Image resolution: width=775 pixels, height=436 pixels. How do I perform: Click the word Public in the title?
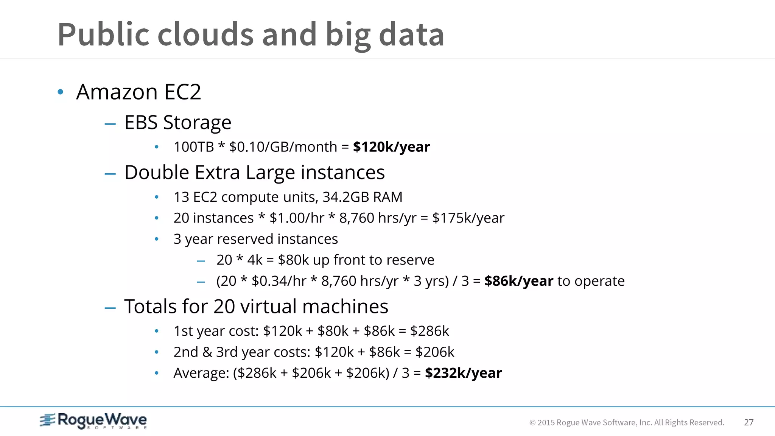104,35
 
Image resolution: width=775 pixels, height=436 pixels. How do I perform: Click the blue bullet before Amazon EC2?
60,92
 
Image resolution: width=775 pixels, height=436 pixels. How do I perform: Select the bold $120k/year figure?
391,147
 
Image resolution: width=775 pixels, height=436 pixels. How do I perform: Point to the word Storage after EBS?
197,123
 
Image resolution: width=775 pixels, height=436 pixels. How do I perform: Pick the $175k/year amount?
468,218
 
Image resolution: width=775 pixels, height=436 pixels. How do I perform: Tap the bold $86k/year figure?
518,281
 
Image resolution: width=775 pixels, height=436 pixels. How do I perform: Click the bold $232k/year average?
463,373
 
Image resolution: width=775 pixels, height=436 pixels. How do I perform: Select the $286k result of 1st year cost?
430,331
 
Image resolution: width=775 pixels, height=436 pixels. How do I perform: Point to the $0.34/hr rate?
279,281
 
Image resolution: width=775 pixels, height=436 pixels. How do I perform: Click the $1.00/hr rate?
297,218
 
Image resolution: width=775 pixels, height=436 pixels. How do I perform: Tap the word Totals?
150,306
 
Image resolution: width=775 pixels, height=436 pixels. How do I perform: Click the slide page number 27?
749,422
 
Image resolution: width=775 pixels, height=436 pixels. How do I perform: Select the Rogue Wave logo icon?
48,420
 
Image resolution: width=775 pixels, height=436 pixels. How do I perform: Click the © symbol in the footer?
532,423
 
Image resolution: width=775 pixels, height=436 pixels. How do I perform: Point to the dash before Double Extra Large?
110,174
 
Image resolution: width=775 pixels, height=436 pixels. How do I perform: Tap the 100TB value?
194,147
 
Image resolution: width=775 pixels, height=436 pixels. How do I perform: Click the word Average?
201,373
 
